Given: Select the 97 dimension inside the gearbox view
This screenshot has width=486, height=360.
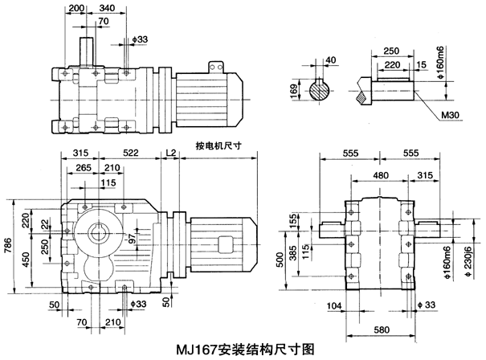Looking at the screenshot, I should click(132, 239).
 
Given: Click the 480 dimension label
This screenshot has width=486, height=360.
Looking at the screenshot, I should click(379, 175).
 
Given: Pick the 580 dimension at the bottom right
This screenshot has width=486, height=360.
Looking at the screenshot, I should click(382, 329).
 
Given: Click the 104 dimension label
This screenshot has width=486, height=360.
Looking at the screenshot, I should click(334, 305).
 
